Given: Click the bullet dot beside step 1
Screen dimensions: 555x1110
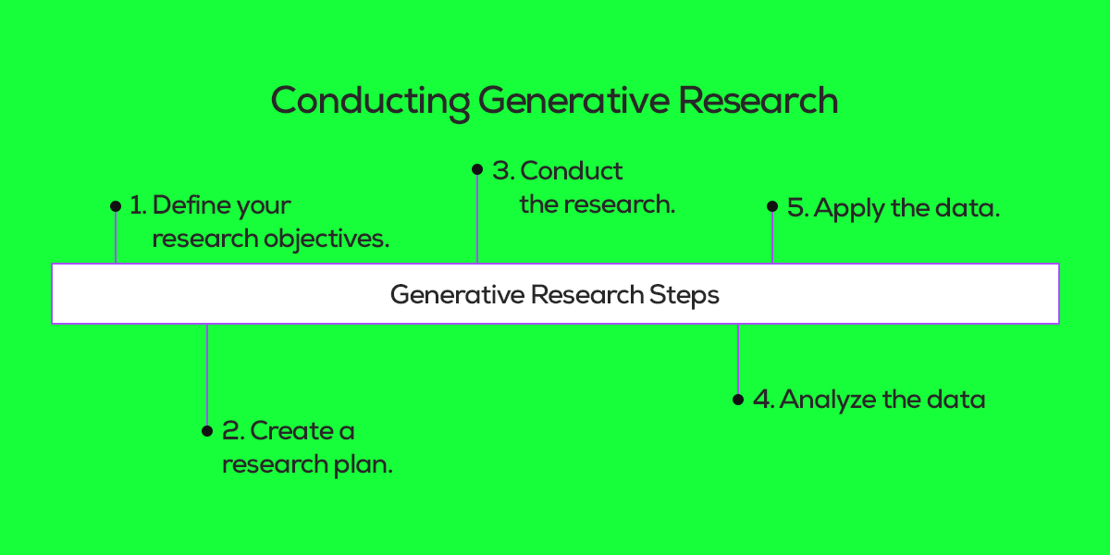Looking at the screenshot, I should [x=115, y=205].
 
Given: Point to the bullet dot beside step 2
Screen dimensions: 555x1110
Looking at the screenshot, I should [x=207, y=431].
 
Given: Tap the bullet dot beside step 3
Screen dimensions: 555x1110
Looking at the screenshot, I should [x=477, y=169].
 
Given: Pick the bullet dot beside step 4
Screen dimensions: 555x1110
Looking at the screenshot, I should [x=737, y=400].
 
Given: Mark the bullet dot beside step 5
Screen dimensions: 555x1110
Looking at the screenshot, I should [x=772, y=207].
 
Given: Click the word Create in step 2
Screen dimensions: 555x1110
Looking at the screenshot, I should [x=283, y=430].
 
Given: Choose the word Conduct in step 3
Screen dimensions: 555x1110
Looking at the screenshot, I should [x=572, y=170].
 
